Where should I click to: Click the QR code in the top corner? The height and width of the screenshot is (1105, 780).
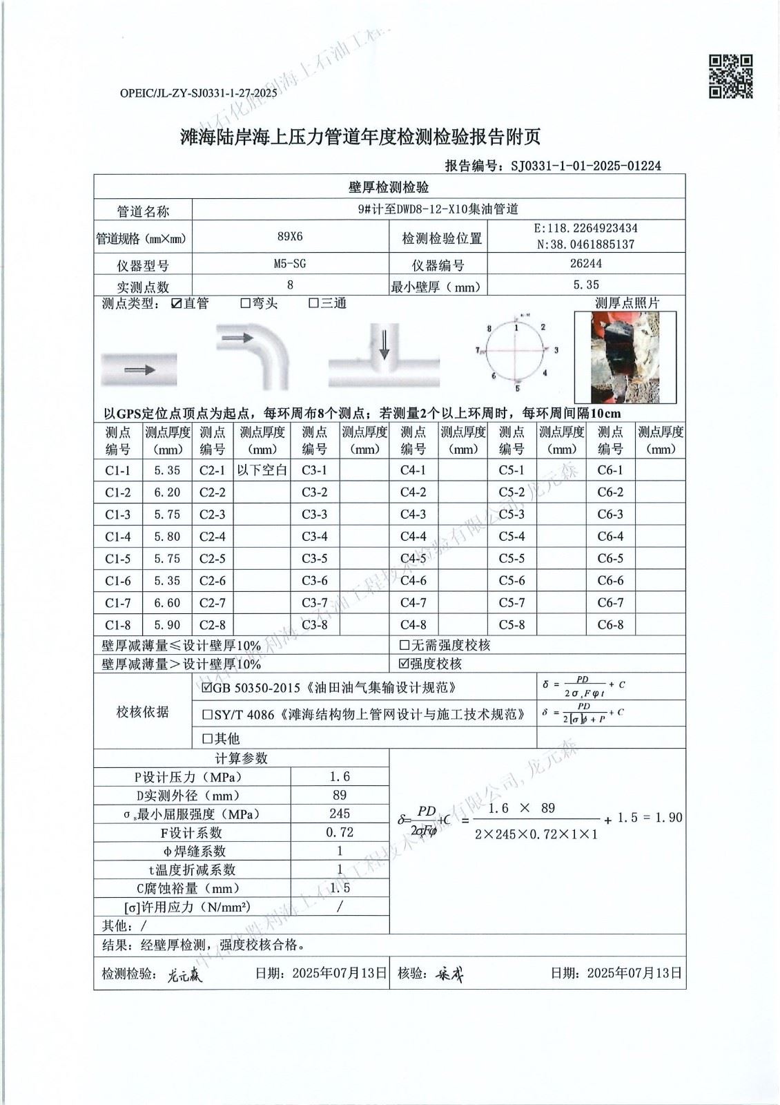(730, 77)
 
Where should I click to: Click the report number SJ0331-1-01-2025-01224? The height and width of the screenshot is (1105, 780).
(585, 166)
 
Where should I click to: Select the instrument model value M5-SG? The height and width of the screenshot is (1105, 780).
(290, 264)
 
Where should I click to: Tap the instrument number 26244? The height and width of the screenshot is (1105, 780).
(586, 264)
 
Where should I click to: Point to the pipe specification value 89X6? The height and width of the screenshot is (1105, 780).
(290, 236)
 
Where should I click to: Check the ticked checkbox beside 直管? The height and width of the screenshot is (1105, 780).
(176, 303)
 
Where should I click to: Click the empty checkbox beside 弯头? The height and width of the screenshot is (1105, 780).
(245, 303)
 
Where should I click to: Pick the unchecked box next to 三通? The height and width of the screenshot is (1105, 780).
(313, 303)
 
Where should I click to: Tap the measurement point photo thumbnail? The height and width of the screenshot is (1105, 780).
(625, 357)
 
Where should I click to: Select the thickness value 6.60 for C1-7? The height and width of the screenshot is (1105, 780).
(167, 603)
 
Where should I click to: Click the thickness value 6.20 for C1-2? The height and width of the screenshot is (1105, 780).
(167, 492)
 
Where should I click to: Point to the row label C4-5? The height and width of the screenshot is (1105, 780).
(413, 559)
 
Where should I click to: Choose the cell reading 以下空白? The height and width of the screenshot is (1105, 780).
(262, 470)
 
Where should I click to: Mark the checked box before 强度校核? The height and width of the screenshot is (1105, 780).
(404, 664)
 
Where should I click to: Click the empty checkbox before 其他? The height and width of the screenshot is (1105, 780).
(207, 738)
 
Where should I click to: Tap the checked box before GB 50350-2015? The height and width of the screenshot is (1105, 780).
(207, 688)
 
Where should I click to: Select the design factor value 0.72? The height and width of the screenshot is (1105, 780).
(340, 832)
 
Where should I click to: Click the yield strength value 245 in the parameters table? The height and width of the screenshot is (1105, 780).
(340, 814)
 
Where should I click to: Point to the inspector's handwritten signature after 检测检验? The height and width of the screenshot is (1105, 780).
(186, 974)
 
